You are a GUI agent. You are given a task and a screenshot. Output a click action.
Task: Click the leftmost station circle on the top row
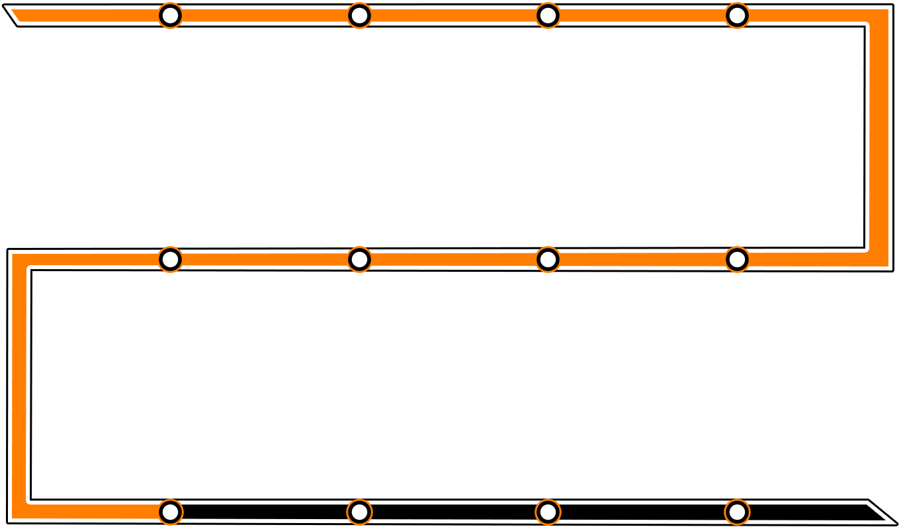click(x=171, y=15)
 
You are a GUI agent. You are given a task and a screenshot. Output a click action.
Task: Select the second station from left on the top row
click(x=359, y=15)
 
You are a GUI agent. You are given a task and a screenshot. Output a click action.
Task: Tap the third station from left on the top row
click(x=548, y=15)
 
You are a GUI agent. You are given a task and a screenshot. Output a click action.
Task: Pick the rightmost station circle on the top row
click(x=737, y=15)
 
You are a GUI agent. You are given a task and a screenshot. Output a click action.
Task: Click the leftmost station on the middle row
click(x=171, y=259)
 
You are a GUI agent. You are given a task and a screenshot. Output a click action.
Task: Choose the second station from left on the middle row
click(x=359, y=259)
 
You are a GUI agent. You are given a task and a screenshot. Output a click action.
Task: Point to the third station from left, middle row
click(x=548, y=259)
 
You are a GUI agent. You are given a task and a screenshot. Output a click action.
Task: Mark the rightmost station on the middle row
click(x=737, y=259)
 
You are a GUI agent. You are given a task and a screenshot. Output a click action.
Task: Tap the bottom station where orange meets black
click(x=171, y=511)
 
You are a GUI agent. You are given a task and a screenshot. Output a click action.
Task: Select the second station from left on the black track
click(x=359, y=511)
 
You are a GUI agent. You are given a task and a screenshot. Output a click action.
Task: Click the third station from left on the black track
click(x=548, y=511)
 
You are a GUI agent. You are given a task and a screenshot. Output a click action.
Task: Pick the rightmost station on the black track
click(x=737, y=511)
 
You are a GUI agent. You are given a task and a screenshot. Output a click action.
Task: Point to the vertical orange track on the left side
click(x=19, y=384)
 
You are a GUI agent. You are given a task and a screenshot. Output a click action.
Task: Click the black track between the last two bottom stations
click(x=642, y=512)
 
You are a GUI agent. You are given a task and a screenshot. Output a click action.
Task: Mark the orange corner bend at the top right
click(x=877, y=17)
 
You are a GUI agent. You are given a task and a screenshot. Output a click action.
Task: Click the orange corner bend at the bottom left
click(x=20, y=510)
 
